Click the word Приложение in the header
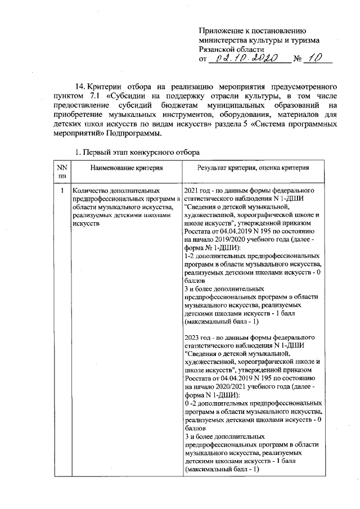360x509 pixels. (x=221, y=31)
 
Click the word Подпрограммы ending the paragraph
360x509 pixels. (x=136, y=133)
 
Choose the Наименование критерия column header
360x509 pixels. (x=125, y=168)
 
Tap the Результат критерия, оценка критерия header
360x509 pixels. (x=252, y=168)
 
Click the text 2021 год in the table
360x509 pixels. (x=199, y=191)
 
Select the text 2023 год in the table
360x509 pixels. (x=199, y=337)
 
